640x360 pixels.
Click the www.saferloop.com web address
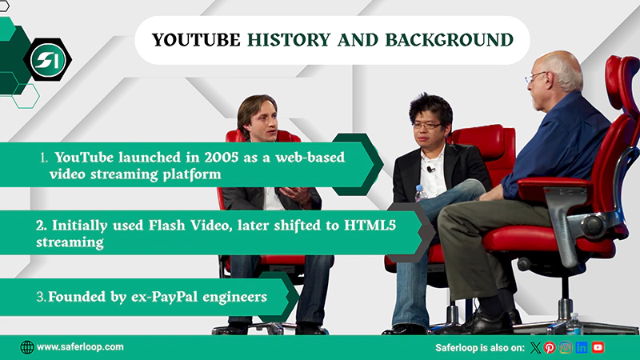(80, 347)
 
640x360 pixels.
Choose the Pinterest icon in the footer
(550, 347)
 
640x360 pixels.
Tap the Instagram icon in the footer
(566, 347)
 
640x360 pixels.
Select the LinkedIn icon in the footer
(582, 347)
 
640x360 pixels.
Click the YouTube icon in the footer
(598, 347)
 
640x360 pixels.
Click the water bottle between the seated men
(421, 194)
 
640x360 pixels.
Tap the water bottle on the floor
(574, 323)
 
